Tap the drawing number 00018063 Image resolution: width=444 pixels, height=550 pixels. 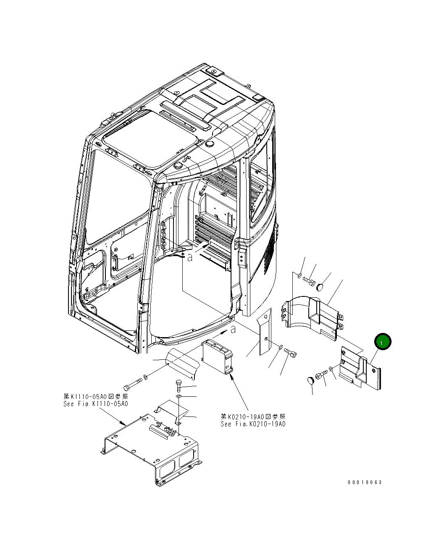(365, 482)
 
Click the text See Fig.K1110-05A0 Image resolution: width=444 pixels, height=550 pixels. (96, 404)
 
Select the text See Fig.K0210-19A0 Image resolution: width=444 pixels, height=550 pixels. (253, 424)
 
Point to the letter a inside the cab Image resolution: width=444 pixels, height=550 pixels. (190, 257)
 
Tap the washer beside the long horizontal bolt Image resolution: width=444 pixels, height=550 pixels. (145, 377)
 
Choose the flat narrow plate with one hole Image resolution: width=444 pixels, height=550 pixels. (264, 332)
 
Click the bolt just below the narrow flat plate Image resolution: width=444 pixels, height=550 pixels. (290, 353)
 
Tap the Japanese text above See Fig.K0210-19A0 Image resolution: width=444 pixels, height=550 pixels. (253, 416)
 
